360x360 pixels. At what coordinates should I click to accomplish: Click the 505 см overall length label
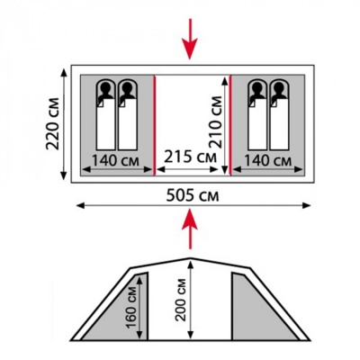193,196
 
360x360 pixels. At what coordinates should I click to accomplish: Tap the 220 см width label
53,123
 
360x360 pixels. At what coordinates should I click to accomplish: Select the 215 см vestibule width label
190,157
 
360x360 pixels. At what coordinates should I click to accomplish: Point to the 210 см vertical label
216,122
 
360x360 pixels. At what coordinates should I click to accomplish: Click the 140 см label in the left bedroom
115,160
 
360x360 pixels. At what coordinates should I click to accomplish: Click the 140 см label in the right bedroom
267,160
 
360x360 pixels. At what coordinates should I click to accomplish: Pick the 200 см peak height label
181,300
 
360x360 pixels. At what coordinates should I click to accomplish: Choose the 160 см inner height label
131,303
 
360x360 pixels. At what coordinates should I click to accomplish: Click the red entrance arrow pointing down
190,39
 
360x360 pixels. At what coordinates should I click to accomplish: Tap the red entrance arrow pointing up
190,229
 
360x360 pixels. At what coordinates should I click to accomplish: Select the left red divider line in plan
155,125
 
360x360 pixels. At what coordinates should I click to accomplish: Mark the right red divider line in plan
230,125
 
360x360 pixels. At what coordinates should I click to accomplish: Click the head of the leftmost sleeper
105,87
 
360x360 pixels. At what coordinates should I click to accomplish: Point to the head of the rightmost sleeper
279,87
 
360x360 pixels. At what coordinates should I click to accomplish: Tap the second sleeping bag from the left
128,114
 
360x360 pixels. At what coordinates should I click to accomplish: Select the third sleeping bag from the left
257,114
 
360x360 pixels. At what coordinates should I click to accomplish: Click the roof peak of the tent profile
190,258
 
